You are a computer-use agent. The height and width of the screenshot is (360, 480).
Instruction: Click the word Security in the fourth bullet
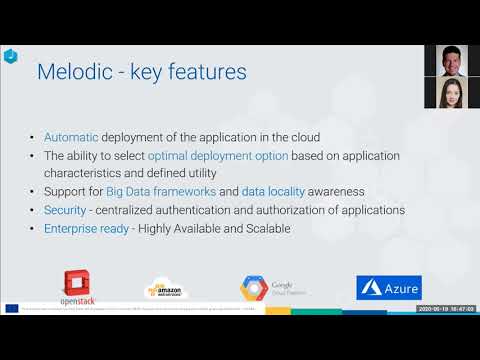(x=65, y=210)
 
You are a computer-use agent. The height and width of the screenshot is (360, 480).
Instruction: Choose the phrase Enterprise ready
(x=88, y=228)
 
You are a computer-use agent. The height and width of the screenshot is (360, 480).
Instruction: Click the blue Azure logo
(x=389, y=288)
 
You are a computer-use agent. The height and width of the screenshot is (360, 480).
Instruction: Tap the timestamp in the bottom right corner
(x=445, y=310)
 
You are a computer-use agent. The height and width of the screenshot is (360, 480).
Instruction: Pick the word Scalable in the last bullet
(x=262, y=228)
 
